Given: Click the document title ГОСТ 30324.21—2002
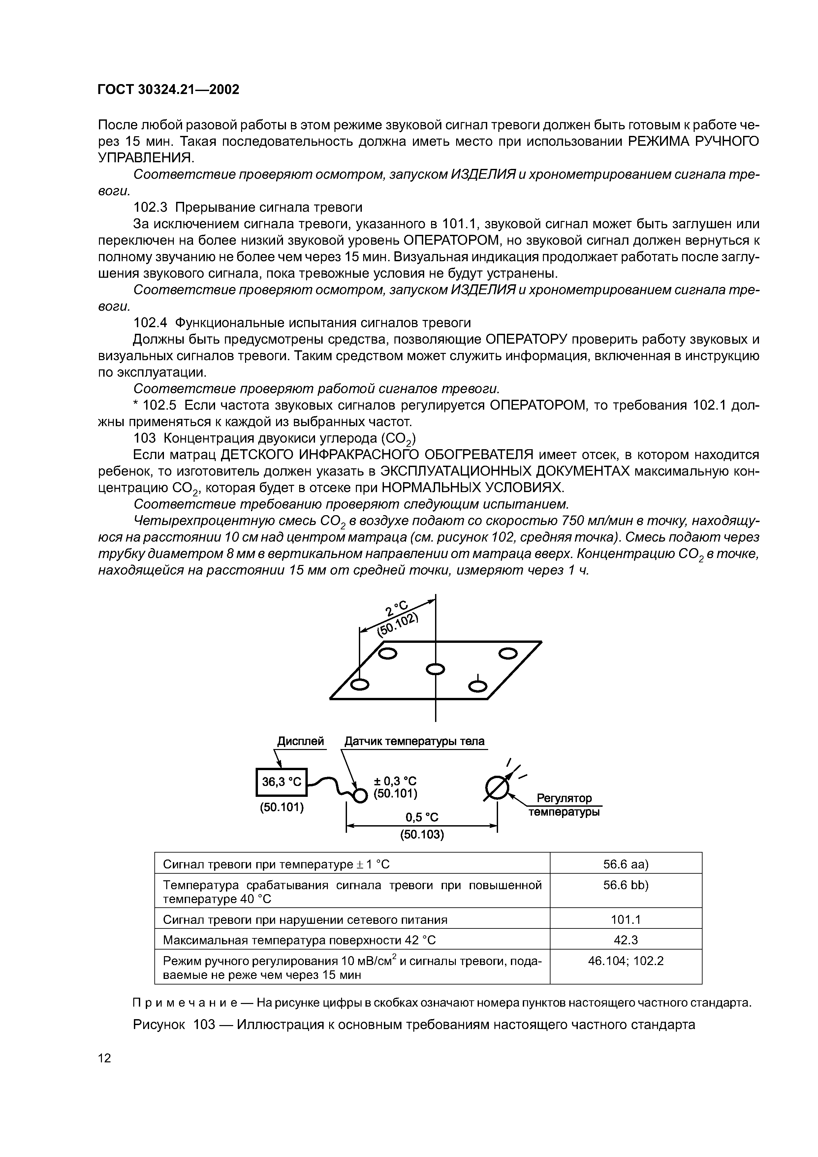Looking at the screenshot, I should tap(168, 90).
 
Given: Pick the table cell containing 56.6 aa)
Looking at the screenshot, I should tap(625, 865).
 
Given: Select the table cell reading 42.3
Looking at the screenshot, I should tap(625, 940).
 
